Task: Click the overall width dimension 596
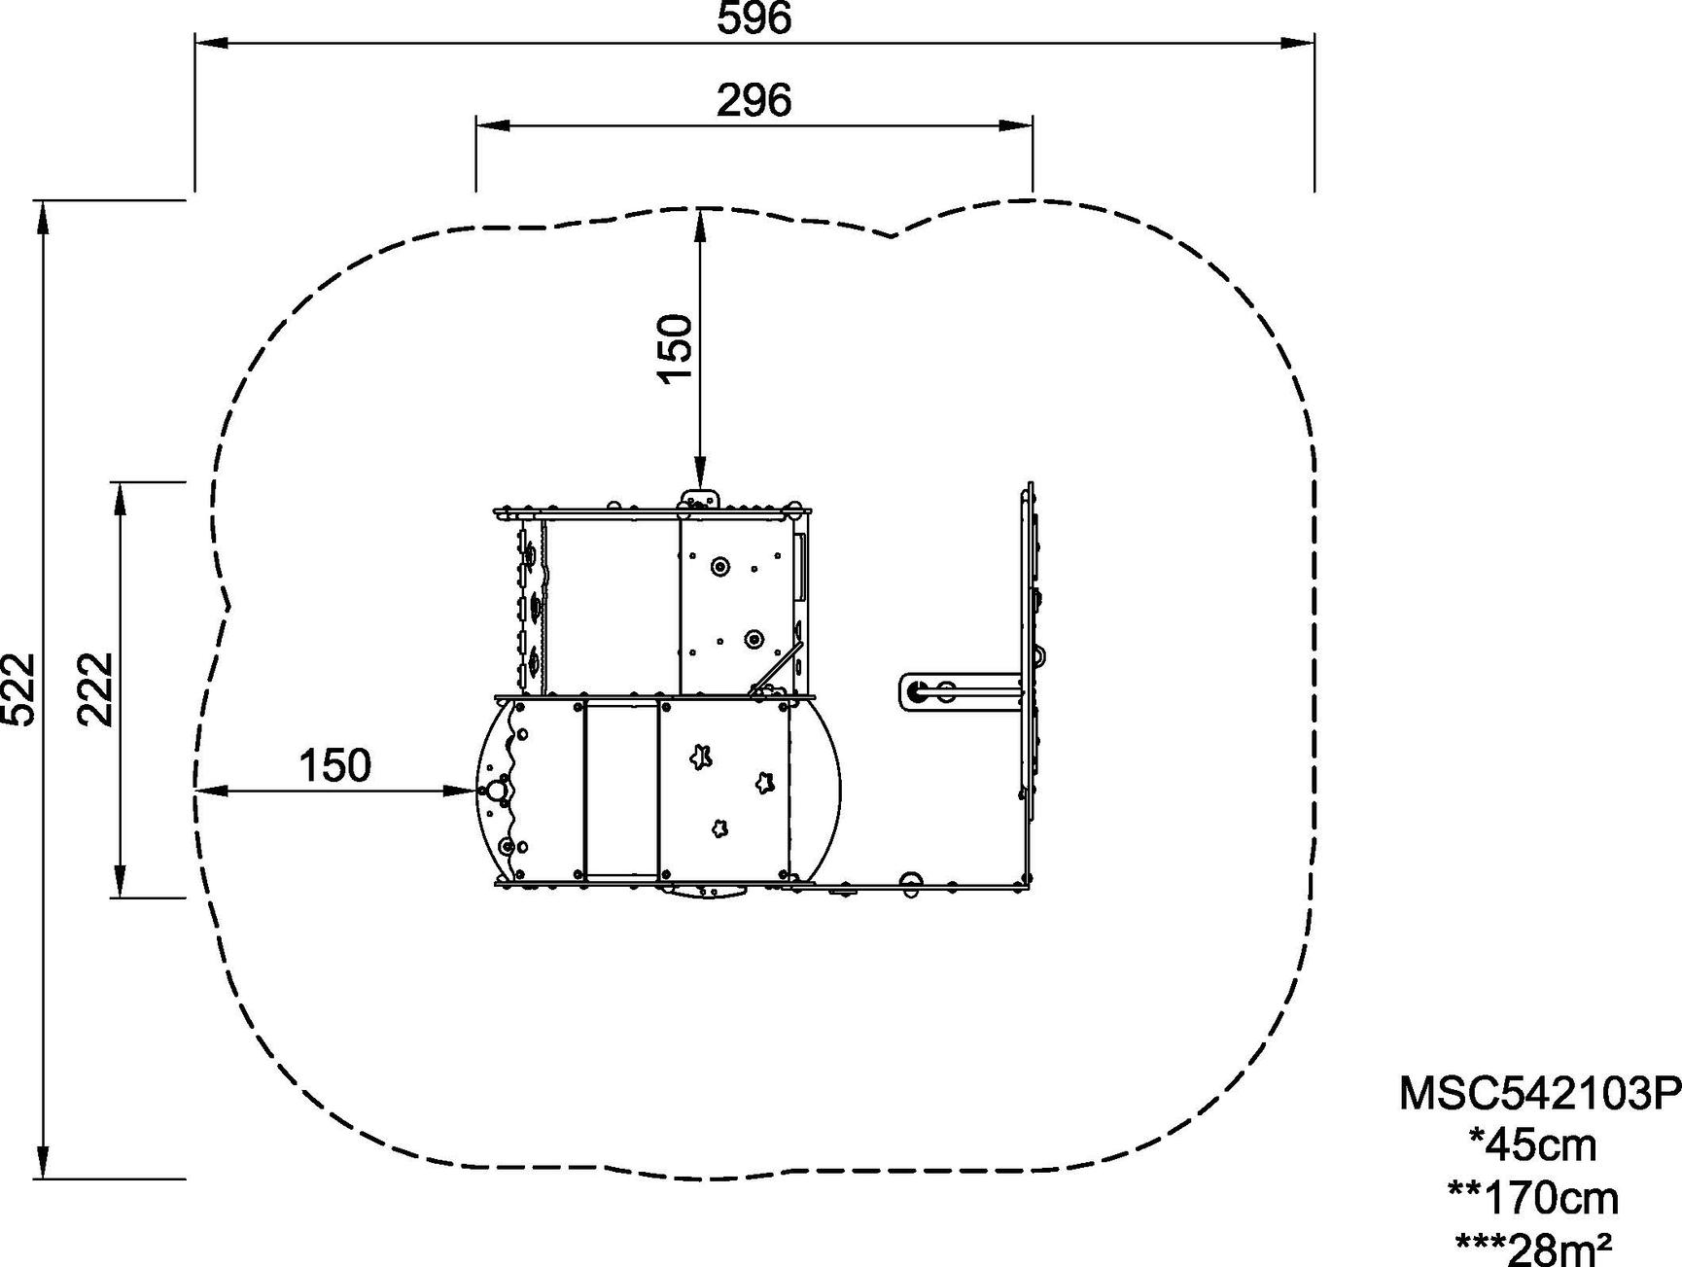[x=754, y=18]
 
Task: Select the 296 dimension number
[x=754, y=100]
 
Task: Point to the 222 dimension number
[x=95, y=688]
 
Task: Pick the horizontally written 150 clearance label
[x=334, y=766]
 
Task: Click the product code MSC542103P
[x=1540, y=1093]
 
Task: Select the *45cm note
[x=1533, y=1144]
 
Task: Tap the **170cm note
[x=1533, y=1197]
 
